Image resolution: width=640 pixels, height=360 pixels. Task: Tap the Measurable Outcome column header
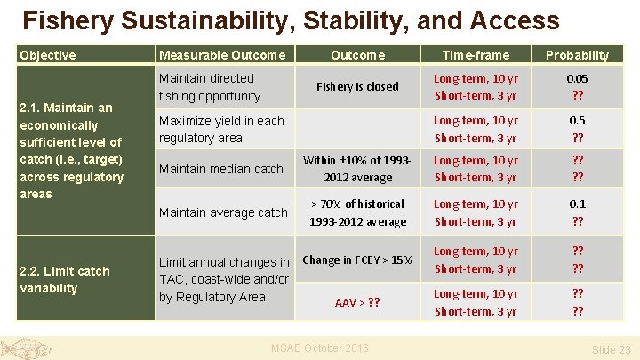pyautogui.click(x=222, y=55)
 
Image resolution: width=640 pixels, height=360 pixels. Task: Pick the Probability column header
pyautogui.click(x=577, y=55)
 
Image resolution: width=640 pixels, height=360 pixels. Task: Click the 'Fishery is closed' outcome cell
pyautogui.click(x=357, y=87)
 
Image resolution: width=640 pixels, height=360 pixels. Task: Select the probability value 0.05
pyautogui.click(x=577, y=78)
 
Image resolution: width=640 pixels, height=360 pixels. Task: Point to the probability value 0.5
pyautogui.click(x=577, y=120)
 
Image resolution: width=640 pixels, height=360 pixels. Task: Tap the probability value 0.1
pyautogui.click(x=577, y=204)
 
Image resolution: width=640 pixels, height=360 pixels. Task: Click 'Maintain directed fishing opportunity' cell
pyautogui.click(x=210, y=87)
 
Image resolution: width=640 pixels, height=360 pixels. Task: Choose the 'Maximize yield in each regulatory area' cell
pyautogui.click(x=221, y=129)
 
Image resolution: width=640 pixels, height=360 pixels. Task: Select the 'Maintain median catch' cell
pyautogui.click(x=220, y=169)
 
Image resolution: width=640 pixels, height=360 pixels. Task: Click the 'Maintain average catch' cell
pyautogui.click(x=223, y=212)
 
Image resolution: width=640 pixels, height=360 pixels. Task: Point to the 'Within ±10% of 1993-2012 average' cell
pyautogui.click(x=357, y=169)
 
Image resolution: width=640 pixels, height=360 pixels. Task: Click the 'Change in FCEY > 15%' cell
pyautogui.click(x=357, y=260)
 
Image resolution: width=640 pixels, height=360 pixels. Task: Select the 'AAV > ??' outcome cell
pyautogui.click(x=357, y=302)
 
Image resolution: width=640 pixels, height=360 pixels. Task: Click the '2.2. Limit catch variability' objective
pyautogui.click(x=65, y=279)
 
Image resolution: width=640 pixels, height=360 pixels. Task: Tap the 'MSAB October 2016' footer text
pyautogui.click(x=319, y=348)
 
